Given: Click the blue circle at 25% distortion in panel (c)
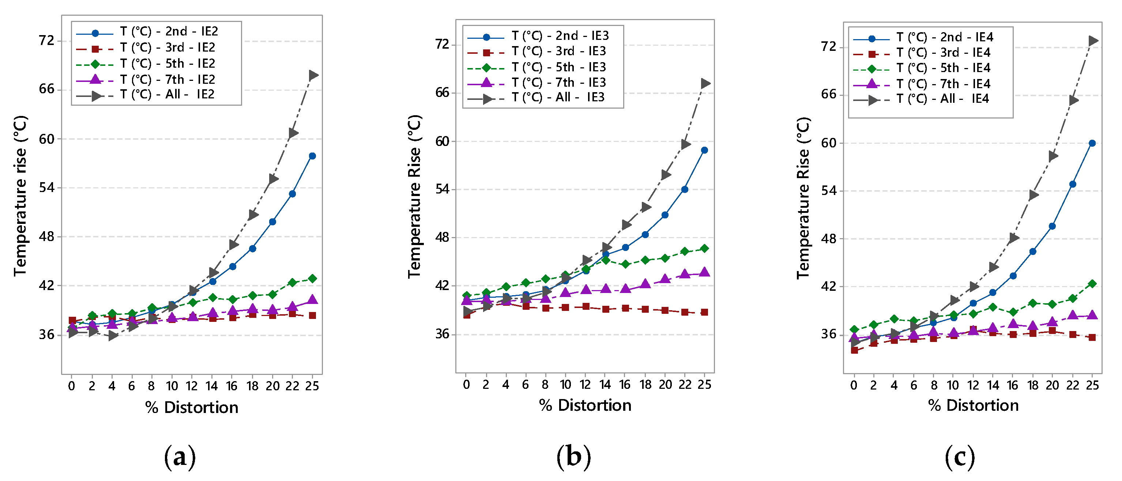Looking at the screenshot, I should click(x=1092, y=143).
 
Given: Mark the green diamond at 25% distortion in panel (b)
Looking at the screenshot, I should click(x=704, y=249).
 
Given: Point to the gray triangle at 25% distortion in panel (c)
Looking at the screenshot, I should click(x=1093, y=41).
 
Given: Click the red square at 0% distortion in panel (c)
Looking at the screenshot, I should click(x=854, y=350).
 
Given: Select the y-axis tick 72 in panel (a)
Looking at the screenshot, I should click(x=46, y=41).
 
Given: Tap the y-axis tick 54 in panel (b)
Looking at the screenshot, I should click(x=442, y=189).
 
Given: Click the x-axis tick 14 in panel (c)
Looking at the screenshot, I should click(x=993, y=385).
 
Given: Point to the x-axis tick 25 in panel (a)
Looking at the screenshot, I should click(x=312, y=386).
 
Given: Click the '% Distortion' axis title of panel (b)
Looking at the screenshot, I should click(x=585, y=405).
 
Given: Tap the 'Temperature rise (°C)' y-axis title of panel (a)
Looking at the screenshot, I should click(x=20, y=196).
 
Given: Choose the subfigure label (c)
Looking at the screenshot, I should click(x=960, y=456).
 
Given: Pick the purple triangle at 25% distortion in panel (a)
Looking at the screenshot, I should click(x=312, y=299).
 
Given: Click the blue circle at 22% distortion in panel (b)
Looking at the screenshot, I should click(x=685, y=189).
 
